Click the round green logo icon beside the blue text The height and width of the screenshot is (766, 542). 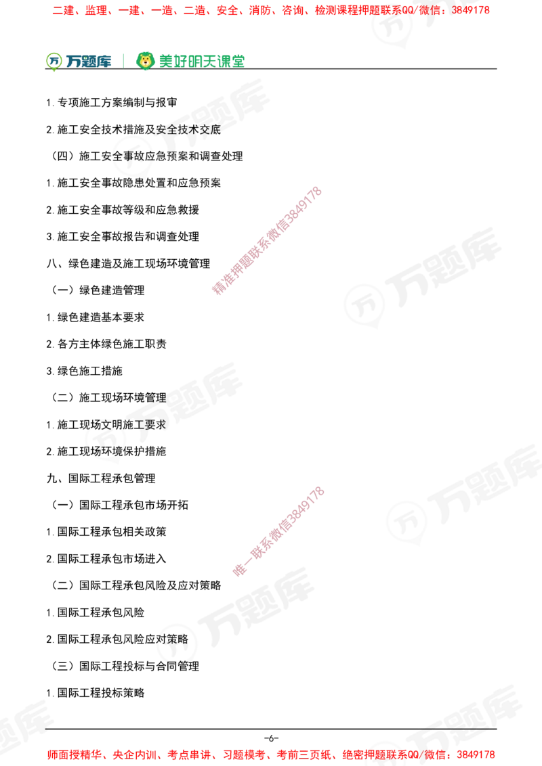(54, 61)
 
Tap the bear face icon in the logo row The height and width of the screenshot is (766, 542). (145, 61)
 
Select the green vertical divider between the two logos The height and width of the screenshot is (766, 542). (123, 60)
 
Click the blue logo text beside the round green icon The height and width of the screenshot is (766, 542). (89, 62)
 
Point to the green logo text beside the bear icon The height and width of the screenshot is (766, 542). (201, 61)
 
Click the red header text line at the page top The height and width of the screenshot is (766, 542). (271, 11)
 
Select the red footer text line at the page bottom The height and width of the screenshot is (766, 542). (271, 754)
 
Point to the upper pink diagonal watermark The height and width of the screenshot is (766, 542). (266, 240)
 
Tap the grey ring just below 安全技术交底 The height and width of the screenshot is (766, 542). (132, 157)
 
